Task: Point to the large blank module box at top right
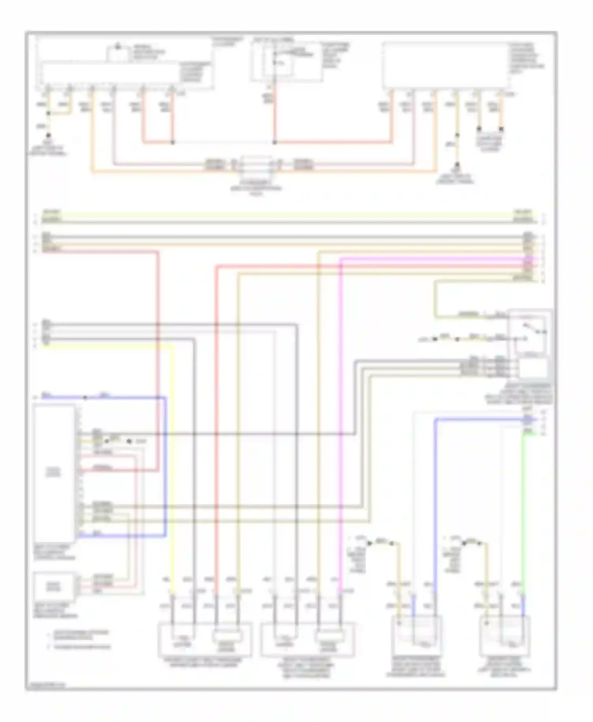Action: click(446, 65)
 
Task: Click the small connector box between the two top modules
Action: click(257, 164)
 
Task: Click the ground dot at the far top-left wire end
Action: click(48, 135)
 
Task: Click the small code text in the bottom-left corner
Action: click(45, 686)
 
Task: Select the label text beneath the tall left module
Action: click(55, 552)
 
